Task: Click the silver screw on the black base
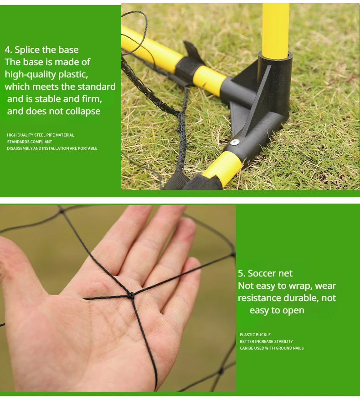(x=235, y=142)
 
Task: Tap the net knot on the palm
(x=131, y=297)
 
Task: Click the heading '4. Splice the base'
(x=41, y=50)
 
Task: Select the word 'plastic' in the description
(x=73, y=74)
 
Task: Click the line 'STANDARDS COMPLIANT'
(x=29, y=142)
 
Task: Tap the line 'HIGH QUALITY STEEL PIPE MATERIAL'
(x=40, y=135)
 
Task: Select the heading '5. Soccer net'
(x=265, y=273)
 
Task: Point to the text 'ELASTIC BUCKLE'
(x=255, y=335)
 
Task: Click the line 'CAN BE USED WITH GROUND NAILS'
(x=272, y=348)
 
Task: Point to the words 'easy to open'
(x=277, y=311)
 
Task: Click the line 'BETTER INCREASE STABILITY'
(x=266, y=342)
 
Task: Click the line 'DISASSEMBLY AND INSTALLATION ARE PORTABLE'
(x=52, y=148)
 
